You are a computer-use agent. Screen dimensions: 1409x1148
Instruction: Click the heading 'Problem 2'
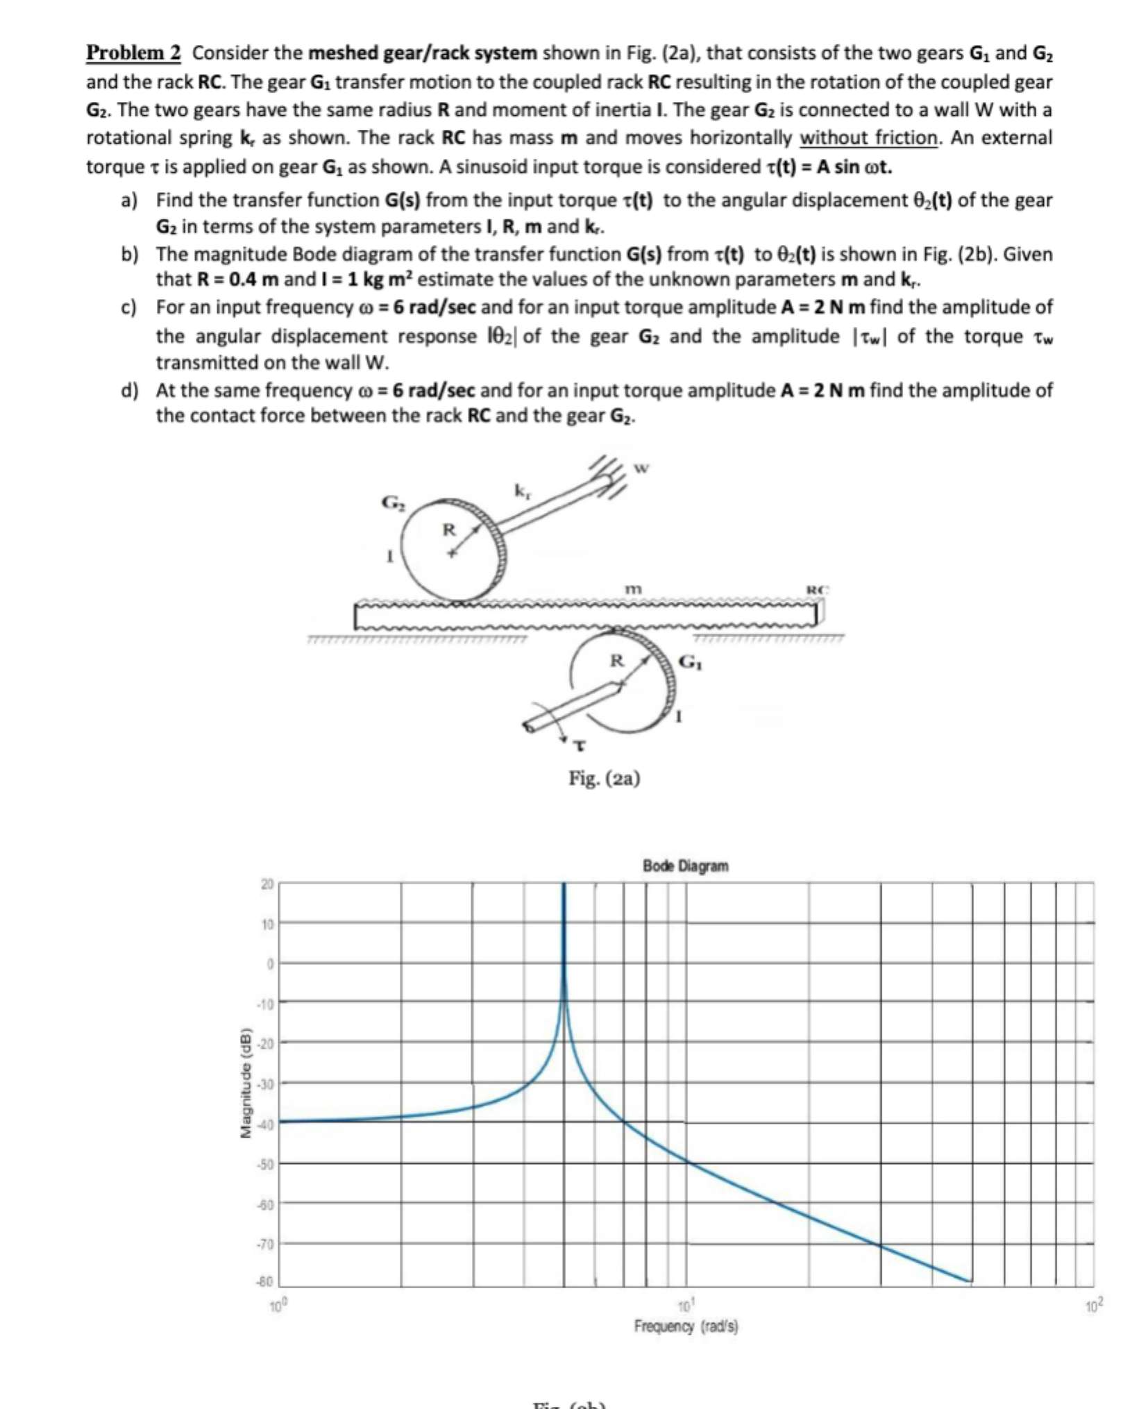[x=133, y=53]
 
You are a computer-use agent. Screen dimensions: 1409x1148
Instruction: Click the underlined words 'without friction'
[x=869, y=137]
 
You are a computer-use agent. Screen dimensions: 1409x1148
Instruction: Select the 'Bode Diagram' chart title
[x=685, y=866]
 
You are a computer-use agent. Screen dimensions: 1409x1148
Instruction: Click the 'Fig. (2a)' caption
[x=604, y=778]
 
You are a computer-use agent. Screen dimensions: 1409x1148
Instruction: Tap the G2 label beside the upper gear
[x=391, y=501]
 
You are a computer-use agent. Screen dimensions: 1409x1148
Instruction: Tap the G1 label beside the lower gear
[x=690, y=661]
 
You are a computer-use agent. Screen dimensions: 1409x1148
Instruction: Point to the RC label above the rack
[x=817, y=590]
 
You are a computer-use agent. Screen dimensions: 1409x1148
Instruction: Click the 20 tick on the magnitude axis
[x=267, y=884]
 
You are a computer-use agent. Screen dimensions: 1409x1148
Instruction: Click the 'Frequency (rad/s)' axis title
[x=686, y=1326]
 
